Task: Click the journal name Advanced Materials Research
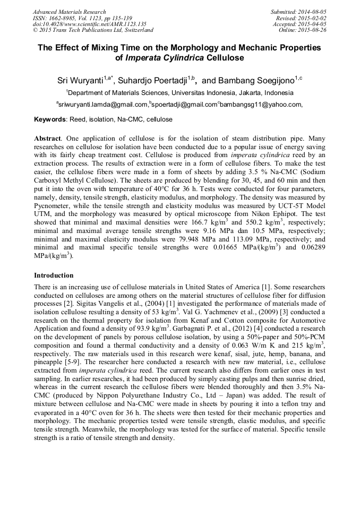pyautogui.click(x=69, y=12)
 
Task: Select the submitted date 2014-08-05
pyautogui.click(x=313, y=12)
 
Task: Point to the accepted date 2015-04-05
pyautogui.click(x=313, y=24)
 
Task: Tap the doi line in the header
pyautogui.click(x=89, y=24)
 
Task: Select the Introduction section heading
pyautogui.click(x=54, y=275)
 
